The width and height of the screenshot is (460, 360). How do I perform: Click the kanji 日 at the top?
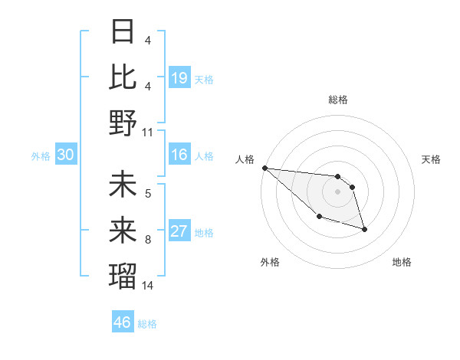123,32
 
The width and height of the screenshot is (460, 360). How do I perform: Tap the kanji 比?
123,77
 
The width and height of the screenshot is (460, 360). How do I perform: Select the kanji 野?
123,123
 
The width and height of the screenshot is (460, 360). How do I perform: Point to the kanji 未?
123,185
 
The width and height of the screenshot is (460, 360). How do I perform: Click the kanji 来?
123,230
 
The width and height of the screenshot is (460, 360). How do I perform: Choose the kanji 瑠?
123,275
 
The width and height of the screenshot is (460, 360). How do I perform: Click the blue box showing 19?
179,77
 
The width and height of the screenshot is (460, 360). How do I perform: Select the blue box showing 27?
179,231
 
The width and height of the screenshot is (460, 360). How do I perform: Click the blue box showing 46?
123,322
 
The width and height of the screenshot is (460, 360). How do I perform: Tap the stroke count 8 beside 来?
147,240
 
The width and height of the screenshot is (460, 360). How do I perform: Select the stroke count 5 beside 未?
147,194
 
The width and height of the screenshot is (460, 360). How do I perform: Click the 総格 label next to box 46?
147,323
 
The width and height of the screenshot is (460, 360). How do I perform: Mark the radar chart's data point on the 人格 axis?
264,167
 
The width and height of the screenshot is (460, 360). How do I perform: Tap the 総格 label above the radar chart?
337,100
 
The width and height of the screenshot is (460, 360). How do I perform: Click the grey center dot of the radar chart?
337,191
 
